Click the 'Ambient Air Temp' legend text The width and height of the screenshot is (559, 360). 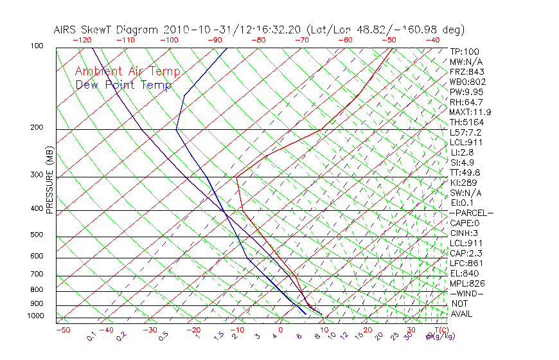127,71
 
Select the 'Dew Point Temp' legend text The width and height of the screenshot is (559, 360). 123,85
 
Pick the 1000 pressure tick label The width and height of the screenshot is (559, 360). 36,316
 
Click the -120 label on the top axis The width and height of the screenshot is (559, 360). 82,40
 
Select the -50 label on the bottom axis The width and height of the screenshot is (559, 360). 62,330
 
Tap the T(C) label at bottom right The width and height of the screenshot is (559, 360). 441,330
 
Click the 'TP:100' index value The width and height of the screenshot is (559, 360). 464,51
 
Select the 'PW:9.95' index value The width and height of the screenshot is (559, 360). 466,92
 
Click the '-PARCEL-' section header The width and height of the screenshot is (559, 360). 471,213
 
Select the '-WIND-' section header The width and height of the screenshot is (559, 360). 466,293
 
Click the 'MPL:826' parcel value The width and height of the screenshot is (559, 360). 466,283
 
